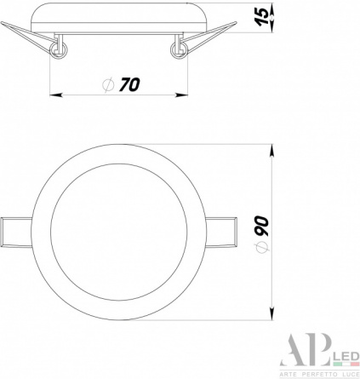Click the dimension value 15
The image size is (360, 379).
(264, 17)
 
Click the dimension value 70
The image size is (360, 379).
(129, 84)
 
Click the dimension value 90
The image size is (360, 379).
(261, 227)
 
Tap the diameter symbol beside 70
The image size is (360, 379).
(108, 84)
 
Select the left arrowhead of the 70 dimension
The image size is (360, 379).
(56, 95)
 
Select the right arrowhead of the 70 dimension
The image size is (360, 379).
(181, 95)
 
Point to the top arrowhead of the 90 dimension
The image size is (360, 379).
(271, 151)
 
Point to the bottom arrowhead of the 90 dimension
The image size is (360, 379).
(271, 314)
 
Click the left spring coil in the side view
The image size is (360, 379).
(59, 50)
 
